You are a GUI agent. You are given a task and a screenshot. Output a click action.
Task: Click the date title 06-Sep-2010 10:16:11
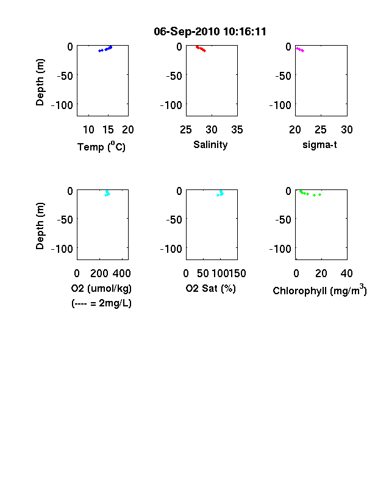pyautogui.click(x=210, y=32)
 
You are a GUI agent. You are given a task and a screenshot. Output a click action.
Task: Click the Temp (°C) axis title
pyautogui.click(x=101, y=146)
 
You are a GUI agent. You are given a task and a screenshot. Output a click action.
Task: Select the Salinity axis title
pyautogui.click(x=210, y=144)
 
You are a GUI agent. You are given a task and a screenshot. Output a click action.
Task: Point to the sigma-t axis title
pyautogui.click(x=319, y=144)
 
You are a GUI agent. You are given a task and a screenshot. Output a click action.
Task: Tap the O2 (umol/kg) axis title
pyautogui.click(x=101, y=288)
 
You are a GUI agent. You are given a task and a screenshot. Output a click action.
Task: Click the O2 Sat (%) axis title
pyautogui.click(x=211, y=288)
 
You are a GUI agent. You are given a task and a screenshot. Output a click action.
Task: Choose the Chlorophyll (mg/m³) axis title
pyautogui.click(x=319, y=289)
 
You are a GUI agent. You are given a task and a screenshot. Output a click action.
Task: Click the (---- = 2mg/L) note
pyautogui.click(x=101, y=303)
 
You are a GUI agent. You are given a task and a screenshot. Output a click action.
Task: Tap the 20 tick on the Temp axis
pyautogui.click(x=128, y=130)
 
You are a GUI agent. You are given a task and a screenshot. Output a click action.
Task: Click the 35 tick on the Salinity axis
pyautogui.click(x=237, y=130)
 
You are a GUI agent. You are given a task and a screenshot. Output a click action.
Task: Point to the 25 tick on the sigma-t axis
pyautogui.click(x=321, y=130)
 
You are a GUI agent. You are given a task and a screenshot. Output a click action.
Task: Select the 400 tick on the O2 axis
pyautogui.click(x=122, y=274)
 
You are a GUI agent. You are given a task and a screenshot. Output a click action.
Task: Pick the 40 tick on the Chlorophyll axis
pyautogui.click(x=347, y=274)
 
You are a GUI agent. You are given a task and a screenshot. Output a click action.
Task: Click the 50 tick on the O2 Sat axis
pyautogui.click(x=203, y=274)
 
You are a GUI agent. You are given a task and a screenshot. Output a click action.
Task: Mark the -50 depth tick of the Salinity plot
pyautogui.click(x=174, y=76)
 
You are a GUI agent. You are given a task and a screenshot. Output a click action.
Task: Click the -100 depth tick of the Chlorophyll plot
pyautogui.click(x=280, y=249)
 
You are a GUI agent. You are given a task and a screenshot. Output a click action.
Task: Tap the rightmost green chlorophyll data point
pyautogui.click(x=319, y=195)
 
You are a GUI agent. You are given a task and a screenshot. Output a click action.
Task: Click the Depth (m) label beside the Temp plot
pyautogui.click(x=40, y=82)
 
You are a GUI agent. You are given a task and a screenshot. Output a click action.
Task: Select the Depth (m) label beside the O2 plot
pyautogui.click(x=40, y=226)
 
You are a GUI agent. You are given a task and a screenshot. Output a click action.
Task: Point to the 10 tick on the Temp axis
pyautogui.click(x=89, y=130)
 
